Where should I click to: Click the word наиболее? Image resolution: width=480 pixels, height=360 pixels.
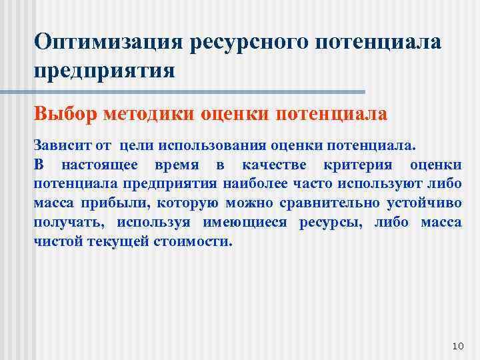click(256, 184)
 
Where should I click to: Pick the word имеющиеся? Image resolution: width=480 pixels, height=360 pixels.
click(237, 223)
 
